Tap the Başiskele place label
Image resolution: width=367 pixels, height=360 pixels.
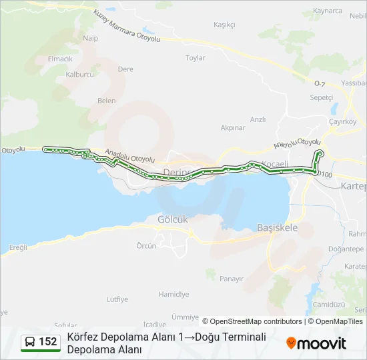(277, 227)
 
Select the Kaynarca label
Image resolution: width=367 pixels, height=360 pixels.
(327, 11)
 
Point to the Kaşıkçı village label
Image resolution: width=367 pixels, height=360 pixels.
(224, 25)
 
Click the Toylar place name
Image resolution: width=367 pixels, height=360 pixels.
(195, 58)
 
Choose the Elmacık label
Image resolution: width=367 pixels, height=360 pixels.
(59, 59)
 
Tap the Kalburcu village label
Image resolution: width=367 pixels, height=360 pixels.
(80, 75)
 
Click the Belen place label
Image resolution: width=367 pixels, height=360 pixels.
(106, 101)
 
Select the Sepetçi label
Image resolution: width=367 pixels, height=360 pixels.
(321, 97)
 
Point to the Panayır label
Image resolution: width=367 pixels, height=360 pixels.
(232, 279)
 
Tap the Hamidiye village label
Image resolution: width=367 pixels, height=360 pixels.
(173, 294)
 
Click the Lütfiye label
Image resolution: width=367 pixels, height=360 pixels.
(117, 299)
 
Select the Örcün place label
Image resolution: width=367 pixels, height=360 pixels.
(146, 246)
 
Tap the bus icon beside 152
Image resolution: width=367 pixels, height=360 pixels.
(29, 342)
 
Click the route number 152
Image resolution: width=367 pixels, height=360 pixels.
(47, 342)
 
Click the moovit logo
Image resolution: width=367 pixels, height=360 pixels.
(316, 343)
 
